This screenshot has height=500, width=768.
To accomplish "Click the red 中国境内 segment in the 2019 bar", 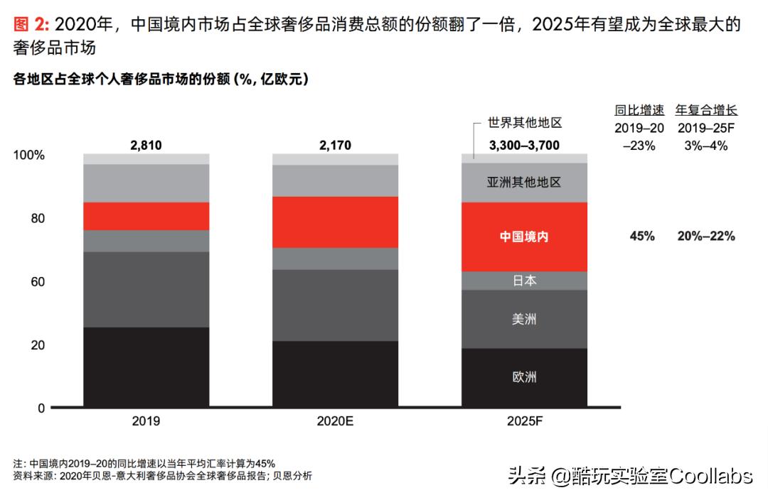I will tap(146, 216).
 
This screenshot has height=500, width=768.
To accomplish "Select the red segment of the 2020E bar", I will tap(335, 222).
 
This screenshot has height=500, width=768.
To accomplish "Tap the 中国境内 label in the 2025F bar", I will tap(524, 237).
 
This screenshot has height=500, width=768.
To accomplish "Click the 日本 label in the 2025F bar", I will tap(524, 281).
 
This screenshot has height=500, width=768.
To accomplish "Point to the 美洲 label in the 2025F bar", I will tap(524, 319).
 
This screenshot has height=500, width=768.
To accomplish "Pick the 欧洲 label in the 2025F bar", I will tap(524, 376).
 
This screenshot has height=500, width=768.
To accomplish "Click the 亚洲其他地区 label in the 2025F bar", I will tap(524, 183).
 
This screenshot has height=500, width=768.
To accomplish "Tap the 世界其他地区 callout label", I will tap(524, 123).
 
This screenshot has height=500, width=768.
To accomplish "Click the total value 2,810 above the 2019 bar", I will tap(146, 146).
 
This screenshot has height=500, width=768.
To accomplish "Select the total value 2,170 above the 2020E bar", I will tap(335, 146).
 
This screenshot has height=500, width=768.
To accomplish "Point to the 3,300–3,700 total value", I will tap(524, 146).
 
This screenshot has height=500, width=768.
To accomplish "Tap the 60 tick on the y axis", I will tap(37, 282).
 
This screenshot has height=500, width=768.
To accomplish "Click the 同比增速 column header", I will tap(639, 110).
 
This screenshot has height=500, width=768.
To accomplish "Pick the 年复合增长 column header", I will tap(706, 110).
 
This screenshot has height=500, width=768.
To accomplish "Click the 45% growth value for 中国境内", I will tap(641, 237).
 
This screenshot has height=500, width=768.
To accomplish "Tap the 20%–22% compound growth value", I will tap(706, 237).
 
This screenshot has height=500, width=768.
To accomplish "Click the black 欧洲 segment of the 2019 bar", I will tap(146, 367).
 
